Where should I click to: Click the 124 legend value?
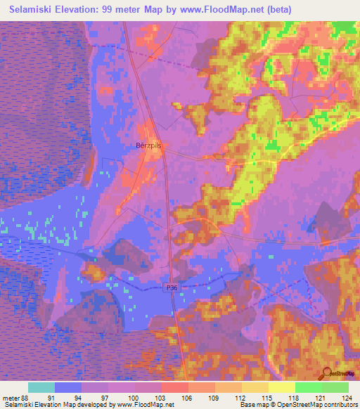click(348, 397)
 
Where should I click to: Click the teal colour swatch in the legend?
click(41, 387)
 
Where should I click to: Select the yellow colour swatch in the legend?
click(281, 387)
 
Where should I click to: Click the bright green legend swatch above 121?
click(308, 387)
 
